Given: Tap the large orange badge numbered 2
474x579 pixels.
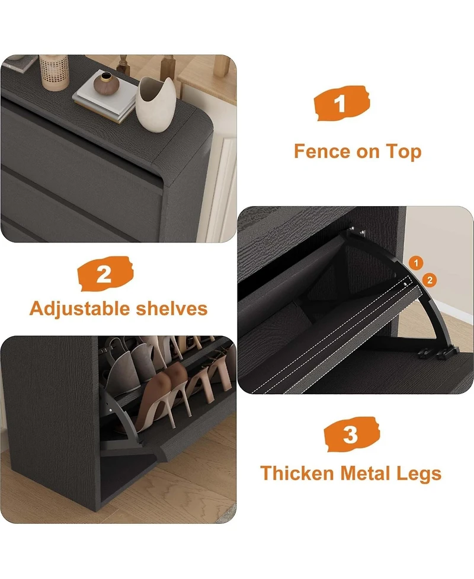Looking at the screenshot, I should tap(105, 274).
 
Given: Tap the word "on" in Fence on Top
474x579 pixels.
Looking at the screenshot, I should tap(367, 152).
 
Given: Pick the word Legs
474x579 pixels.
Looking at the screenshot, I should tap(420, 474).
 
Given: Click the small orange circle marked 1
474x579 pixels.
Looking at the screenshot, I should tap(417, 263).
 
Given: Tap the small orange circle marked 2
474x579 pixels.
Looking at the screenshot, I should tap(431, 280).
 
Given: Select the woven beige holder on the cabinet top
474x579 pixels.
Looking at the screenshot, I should tap(55, 72).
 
